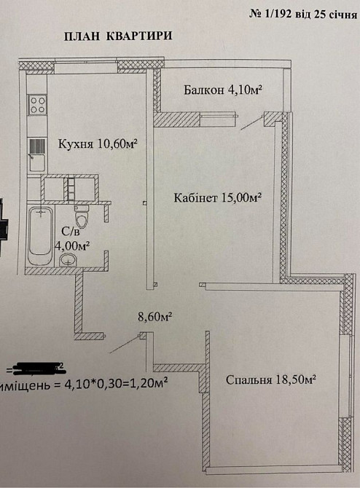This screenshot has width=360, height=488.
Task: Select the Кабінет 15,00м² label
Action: (218, 197)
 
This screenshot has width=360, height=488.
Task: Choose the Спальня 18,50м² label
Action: (270, 379)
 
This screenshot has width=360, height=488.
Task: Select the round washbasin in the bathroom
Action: (69, 261)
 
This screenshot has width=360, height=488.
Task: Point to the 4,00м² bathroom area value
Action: (73, 246)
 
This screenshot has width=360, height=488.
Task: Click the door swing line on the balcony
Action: (251, 124)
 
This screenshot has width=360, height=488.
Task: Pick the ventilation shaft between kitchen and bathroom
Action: (70, 189)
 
